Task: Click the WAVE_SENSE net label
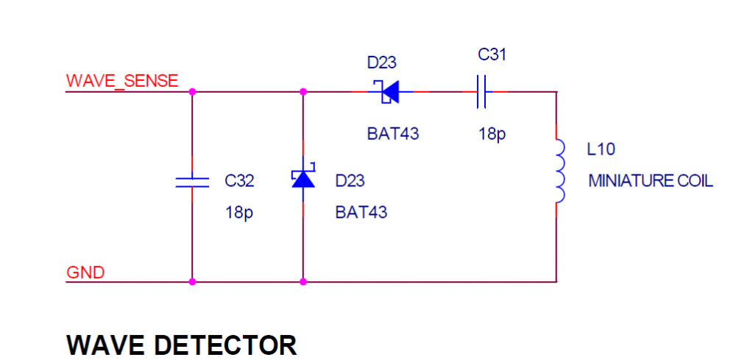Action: (122, 81)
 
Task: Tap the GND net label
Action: (86, 273)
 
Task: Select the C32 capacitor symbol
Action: (192, 182)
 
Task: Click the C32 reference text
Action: (240, 181)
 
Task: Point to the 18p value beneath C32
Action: (239, 213)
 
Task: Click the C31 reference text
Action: (492, 54)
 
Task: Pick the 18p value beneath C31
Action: (492, 135)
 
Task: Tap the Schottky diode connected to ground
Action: (303, 179)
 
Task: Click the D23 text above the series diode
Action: (382, 63)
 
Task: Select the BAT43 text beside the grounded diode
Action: (361, 213)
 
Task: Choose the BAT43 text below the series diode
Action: (393, 135)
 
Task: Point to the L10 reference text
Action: (601, 149)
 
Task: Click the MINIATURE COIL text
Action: (651, 181)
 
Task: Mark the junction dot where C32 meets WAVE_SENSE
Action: (192, 92)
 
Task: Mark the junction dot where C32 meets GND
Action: (192, 281)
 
